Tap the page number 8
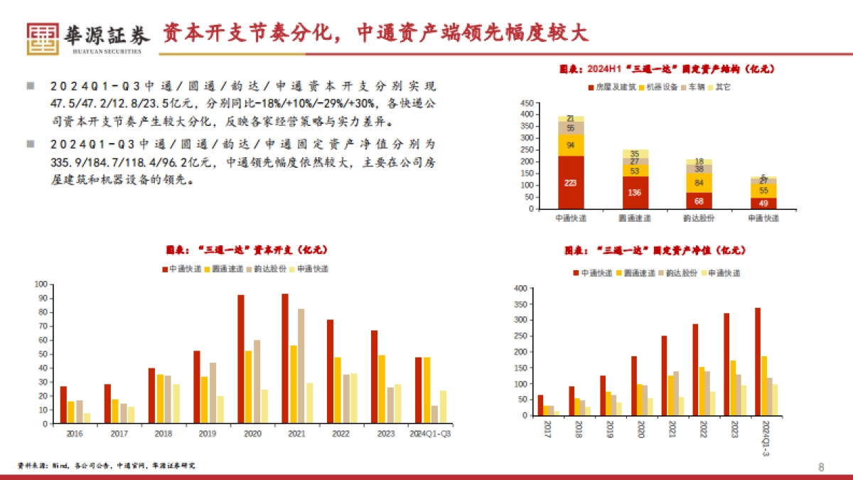pyautogui.click(x=822, y=467)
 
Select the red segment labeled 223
pyautogui.click(x=571, y=182)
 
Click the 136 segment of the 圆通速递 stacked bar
pyautogui.click(x=634, y=192)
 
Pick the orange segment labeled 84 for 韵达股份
pyautogui.click(x=699, y=181)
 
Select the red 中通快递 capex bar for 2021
pyautogui.click(x=285, y=358)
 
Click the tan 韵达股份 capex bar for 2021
pyautogui.click(x=301, y=366)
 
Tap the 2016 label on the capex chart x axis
pyautogui.click(x=73, y=433)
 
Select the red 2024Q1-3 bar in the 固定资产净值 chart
pyautogui.click(x=758, y=362)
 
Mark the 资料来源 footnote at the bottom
pyautogui.click(x=107, y=465)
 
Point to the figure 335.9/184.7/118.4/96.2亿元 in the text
pyautogui.click(x=114, y=161)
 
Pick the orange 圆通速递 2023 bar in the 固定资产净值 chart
pyautogui.click(x=733, y=388)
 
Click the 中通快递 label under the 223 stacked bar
pyautogui.click(x=571, y=218)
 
